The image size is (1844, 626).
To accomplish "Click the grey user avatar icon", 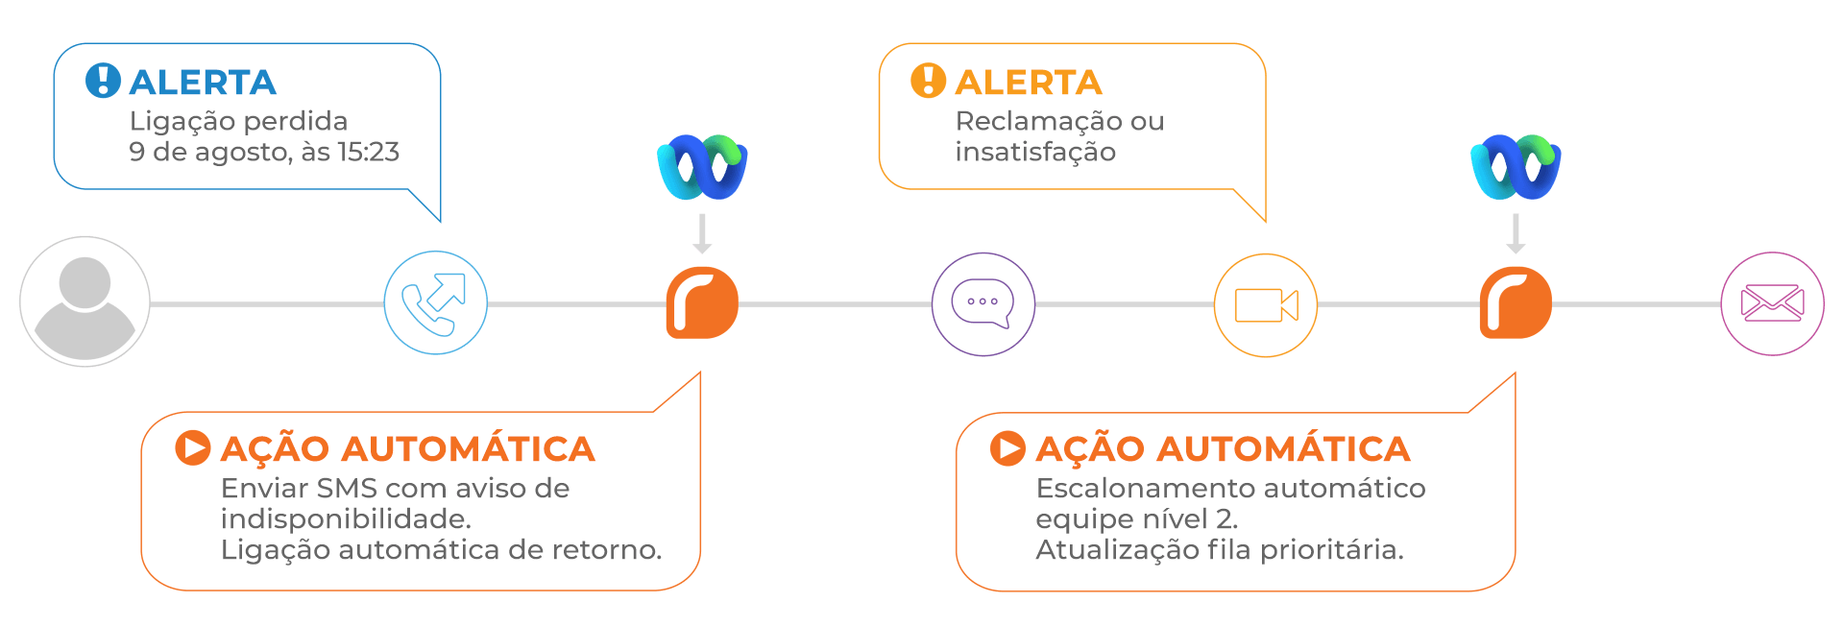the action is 85,302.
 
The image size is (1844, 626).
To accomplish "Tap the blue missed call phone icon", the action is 435,303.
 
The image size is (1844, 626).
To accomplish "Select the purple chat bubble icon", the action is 983,303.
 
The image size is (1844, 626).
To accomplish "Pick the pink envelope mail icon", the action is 1772,303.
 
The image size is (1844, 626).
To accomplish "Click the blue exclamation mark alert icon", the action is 103,81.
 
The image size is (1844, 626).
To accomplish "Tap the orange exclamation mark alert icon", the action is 928,81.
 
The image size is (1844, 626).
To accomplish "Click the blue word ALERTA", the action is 203,83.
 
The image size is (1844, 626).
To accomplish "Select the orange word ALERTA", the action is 1029,83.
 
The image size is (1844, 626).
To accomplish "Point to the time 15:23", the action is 368,152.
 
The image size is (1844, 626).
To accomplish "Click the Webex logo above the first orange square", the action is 702,167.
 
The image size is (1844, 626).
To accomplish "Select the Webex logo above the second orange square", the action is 1516,167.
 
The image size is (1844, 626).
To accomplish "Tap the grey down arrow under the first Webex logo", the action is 702,233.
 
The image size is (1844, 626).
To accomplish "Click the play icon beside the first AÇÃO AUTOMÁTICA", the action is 192,448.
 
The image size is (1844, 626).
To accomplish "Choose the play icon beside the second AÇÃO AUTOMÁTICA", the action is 1007,448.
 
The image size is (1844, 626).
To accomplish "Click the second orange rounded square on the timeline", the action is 1516,303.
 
